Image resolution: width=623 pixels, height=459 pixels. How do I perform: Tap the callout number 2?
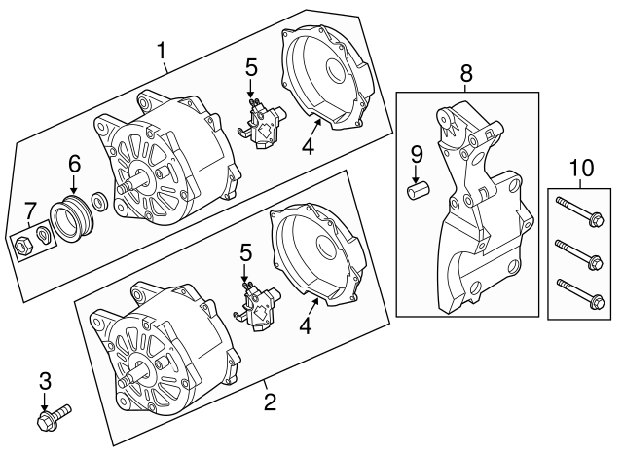[x=270, y=399]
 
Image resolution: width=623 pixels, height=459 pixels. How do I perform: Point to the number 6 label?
[x=74, y=167]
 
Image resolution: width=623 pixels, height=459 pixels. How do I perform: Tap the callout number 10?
[x=580, y=168]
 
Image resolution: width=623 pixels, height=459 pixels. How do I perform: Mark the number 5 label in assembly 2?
[x=246, y=252]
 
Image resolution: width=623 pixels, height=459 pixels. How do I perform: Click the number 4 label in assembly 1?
[x=308, y=148]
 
